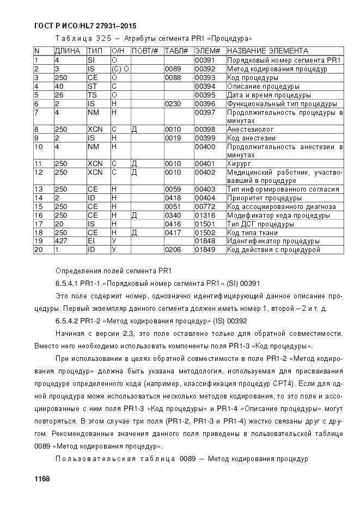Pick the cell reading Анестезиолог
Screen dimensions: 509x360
251,130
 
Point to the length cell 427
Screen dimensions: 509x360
60,241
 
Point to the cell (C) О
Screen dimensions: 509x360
120,69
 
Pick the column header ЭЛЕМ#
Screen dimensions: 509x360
207,51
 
